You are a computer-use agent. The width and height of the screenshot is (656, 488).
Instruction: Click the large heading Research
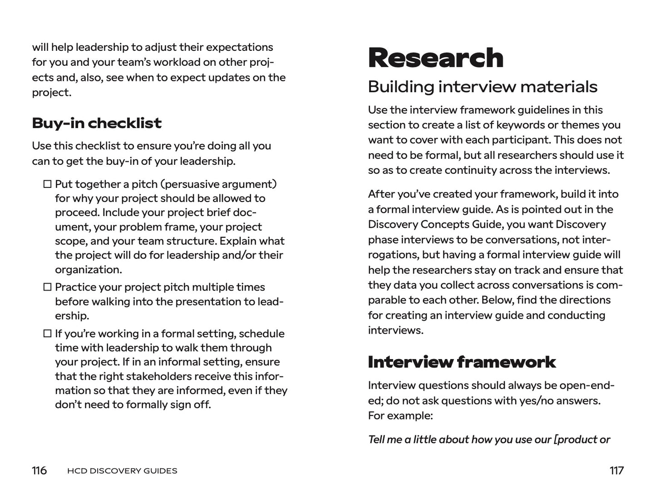(435, 58)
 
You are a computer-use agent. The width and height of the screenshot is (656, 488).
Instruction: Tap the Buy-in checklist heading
(97, 123)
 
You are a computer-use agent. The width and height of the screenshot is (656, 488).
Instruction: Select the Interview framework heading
(461, 362)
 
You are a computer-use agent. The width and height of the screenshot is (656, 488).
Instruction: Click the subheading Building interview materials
(482, 87)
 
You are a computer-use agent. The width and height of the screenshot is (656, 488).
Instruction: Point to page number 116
(39, 471)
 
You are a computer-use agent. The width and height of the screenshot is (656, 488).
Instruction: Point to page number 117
(617, 471)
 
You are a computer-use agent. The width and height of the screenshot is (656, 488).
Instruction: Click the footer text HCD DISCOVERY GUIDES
(122, 471)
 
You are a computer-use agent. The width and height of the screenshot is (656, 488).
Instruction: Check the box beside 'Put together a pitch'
(47, 184)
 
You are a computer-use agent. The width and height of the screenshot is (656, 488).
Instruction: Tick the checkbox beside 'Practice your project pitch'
(47, 287)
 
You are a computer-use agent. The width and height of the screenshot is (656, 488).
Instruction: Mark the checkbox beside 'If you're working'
(47, 334)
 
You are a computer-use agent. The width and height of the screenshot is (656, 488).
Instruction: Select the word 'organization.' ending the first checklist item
(89, 270)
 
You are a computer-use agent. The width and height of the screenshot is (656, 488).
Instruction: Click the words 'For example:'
(400, 416)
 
